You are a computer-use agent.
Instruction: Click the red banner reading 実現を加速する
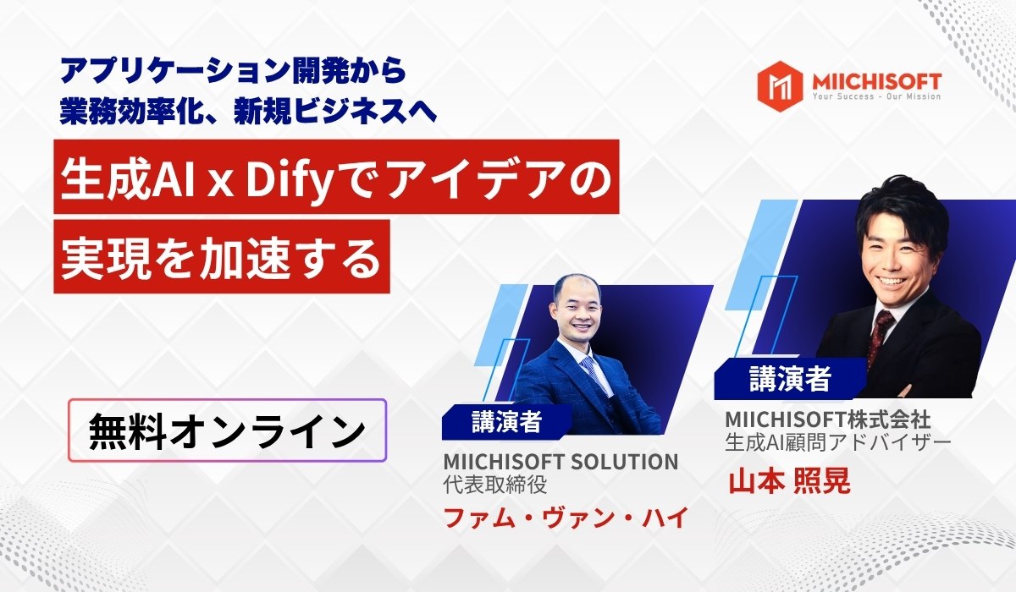coord(222,256)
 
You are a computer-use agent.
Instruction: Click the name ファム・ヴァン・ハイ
coord(563,516)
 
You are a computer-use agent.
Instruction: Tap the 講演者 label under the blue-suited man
coord(506,420)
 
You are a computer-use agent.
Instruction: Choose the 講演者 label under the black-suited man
coord(789,378)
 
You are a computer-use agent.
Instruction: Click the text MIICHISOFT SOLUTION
coord(560,462)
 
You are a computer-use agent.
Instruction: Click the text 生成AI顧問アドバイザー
coord(838,441)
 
